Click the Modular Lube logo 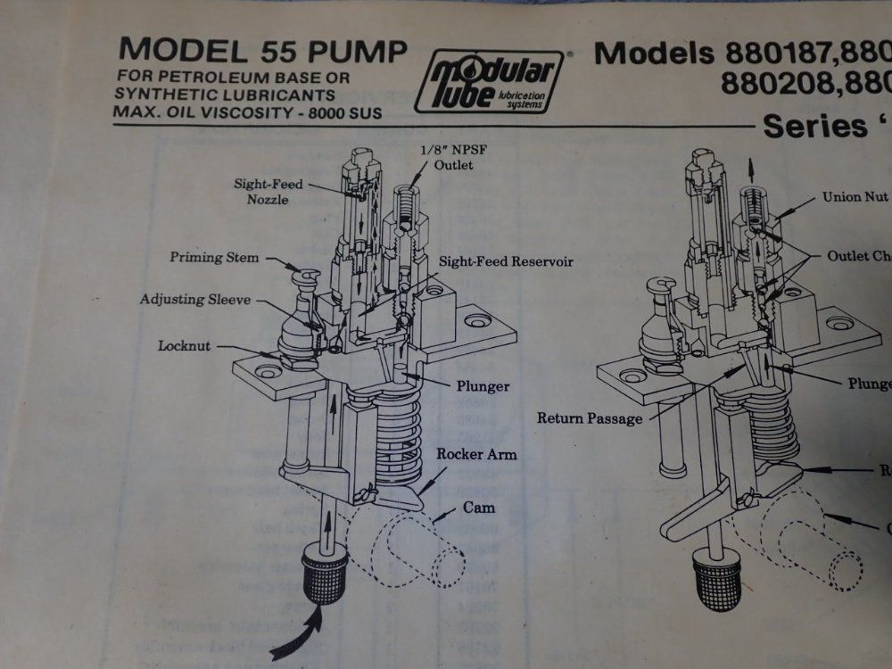[488, 81]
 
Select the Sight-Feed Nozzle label [268, 191]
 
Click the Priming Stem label [215, 258]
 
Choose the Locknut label [185, 345]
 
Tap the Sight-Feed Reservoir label [505, 262]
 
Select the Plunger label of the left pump [483, 386]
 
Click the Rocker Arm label [476, 454]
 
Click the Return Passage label [590, 417]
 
